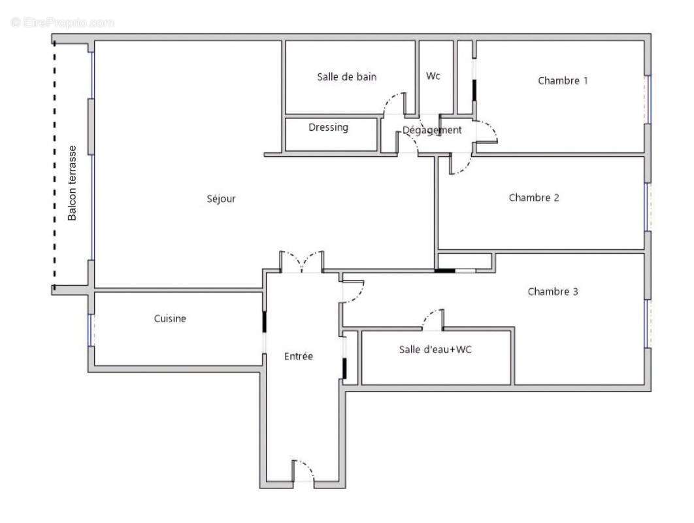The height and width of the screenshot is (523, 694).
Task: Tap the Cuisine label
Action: pyautogui.click(x=170, y=319)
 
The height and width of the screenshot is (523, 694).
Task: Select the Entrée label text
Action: pyautogui.click(x=299, y=356)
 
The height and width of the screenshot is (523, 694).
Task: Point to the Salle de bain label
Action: pyautogui.click(x=347, y=77)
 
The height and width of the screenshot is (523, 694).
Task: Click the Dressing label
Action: pyautogui.click(x=328, y=127)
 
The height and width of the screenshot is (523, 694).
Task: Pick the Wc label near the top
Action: pyautogui.click(x=433, y=76)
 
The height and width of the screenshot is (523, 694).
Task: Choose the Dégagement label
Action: pyautogui.click(x=431, y=130)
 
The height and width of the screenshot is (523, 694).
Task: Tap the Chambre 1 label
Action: pyautogui.click(x=563, y=81)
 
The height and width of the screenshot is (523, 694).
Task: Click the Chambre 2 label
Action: pyautogui.click(x=534, y=198)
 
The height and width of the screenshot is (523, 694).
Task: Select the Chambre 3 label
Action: pyautogui.click(x=552, y=292)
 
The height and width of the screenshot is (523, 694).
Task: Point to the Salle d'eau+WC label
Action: pyautogui.click(x=435, y=350)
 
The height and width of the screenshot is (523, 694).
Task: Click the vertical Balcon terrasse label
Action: pyautogui.click(x=73, y=183)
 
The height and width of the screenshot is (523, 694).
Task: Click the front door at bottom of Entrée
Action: pyautogui.click(x=303, y=471)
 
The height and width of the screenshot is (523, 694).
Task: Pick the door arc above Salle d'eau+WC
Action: pyautogui.click(x=433, y=319)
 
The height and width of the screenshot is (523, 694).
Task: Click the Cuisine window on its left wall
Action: pyautogui.click(x=90, y=330)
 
